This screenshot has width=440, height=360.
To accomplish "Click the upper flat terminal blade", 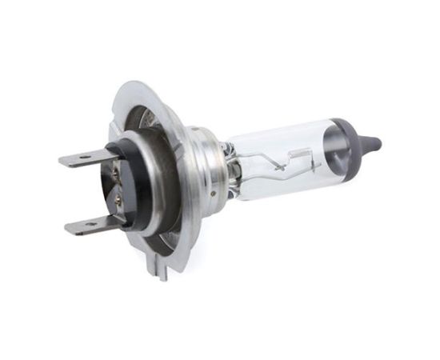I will coord(84,158).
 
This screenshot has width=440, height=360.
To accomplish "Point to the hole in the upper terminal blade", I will coord(83,158).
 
